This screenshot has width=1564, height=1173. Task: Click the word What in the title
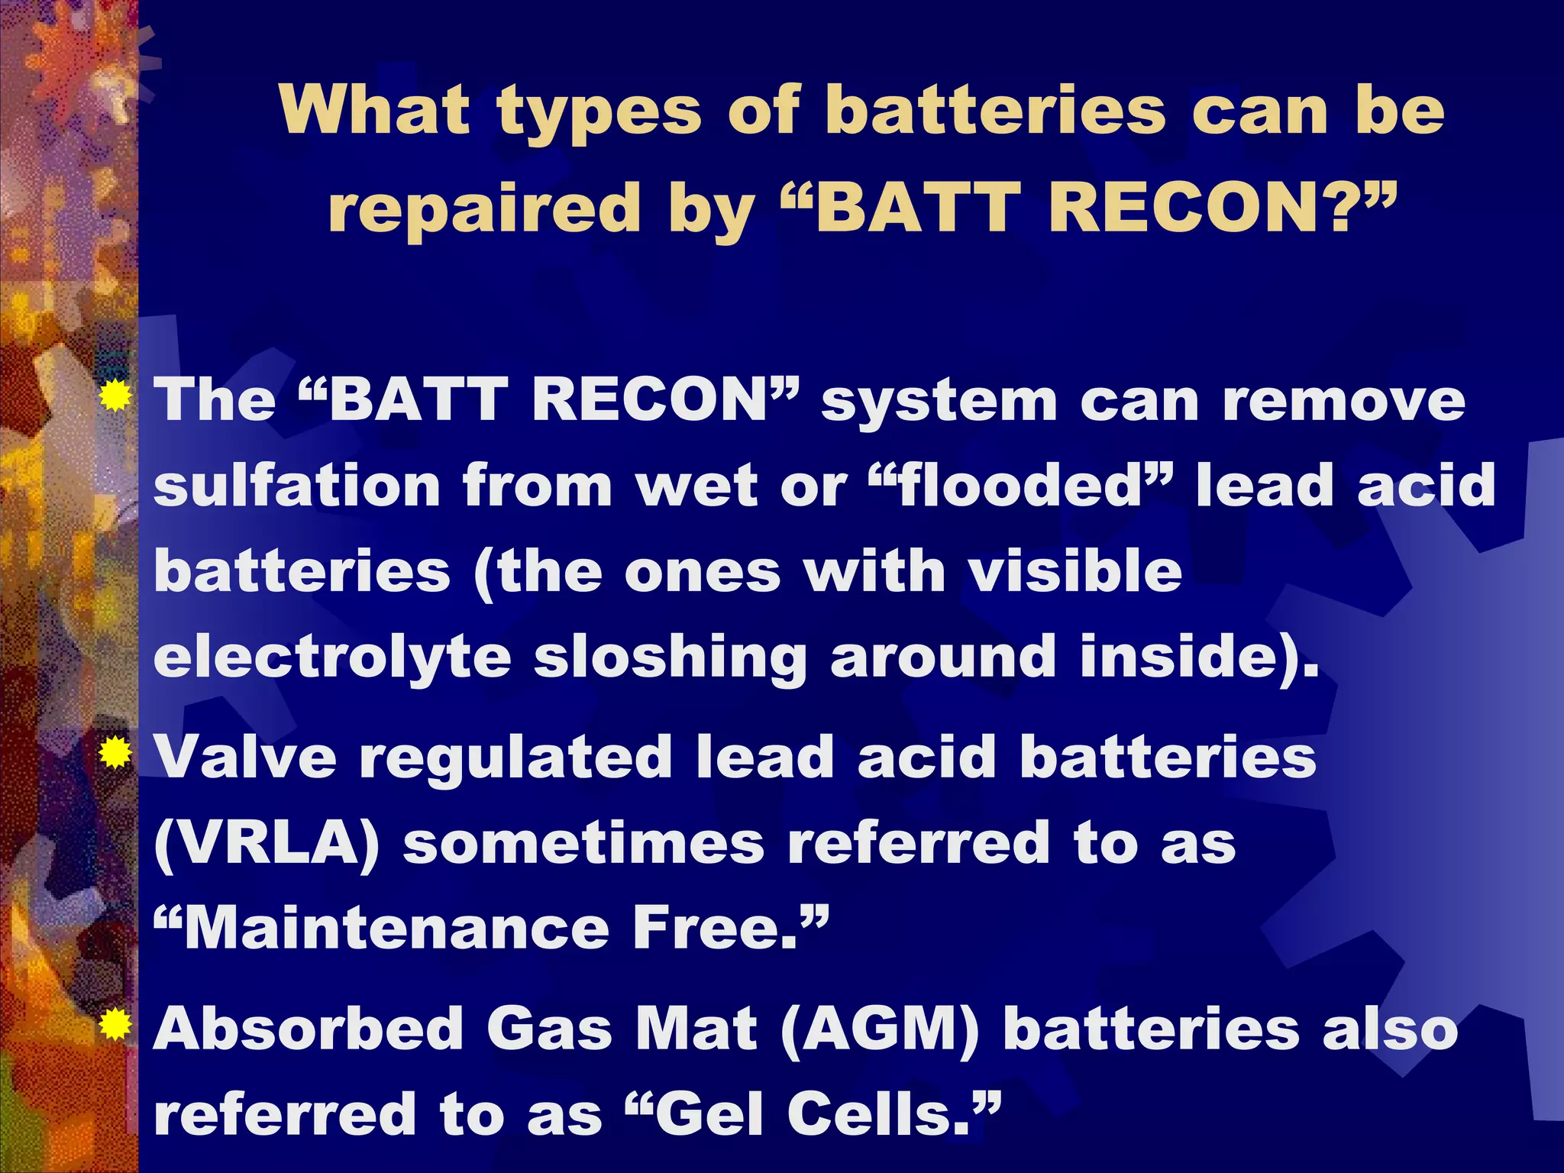[x=373, y=111]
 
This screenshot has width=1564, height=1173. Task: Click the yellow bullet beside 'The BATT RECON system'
[x=115, y=395]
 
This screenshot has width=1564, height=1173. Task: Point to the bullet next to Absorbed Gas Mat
[x=115, y=1024]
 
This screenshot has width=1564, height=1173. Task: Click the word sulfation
[x=297, y=486]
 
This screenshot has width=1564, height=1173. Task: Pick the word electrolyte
[x=331, y=658]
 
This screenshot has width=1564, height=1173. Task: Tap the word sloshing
[x=670, y=658]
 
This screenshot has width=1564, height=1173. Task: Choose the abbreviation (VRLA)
[x=267, y=844]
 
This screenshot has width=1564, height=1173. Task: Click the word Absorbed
[x=309, y=1029]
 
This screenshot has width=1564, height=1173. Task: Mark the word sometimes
[x=583, y=844]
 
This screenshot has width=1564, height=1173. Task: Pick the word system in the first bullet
[x=939, y=402]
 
